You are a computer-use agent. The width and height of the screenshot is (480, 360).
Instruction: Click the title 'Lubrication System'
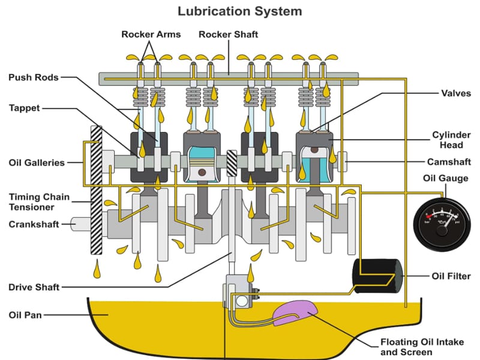point(239,11)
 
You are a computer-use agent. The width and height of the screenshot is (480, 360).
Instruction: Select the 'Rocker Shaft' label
point(229,34)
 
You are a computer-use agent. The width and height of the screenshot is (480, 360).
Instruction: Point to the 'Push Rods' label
point(34,77)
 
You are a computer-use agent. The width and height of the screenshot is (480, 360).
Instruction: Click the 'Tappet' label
point(25,108)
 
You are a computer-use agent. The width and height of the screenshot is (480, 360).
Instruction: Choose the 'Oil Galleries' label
point(37,163)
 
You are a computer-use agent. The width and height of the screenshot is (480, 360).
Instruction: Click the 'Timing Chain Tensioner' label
point(40,202)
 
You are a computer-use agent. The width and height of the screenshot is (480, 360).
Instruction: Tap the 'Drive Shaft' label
point(34,287)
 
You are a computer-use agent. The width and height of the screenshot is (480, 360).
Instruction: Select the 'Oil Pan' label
point(25,314)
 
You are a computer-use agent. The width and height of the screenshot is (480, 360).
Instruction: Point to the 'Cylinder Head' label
point(451,140)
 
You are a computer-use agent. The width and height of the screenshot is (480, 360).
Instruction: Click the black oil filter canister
point(377,277)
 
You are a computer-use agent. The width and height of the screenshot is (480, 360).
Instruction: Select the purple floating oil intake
point(295,312)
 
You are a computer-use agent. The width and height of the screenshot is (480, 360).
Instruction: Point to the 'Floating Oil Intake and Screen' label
point(422,347)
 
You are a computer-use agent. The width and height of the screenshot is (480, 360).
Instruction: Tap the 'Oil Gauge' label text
point(445,178)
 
